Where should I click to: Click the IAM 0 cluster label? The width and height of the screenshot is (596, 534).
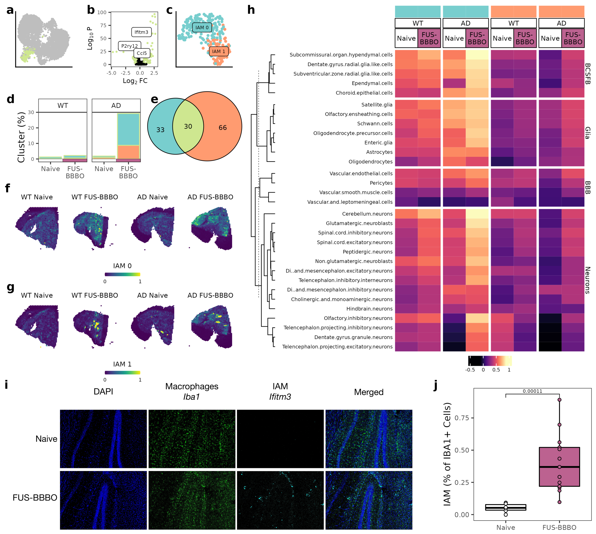202,28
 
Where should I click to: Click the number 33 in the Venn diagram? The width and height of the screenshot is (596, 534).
160,130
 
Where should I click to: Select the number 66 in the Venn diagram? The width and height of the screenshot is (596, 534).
222,128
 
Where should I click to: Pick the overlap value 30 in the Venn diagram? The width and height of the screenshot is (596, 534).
188,126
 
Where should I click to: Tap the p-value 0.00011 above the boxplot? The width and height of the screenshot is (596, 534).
532,391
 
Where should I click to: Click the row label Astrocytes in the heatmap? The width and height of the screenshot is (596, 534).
379,152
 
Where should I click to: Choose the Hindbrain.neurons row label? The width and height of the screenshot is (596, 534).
369,309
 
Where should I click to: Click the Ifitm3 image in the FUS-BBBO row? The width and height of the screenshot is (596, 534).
280,500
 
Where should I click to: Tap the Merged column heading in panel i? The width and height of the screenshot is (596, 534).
369,392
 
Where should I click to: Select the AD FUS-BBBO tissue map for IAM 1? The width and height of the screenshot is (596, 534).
211,327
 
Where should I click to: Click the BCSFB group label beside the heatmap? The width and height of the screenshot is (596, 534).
587,74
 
